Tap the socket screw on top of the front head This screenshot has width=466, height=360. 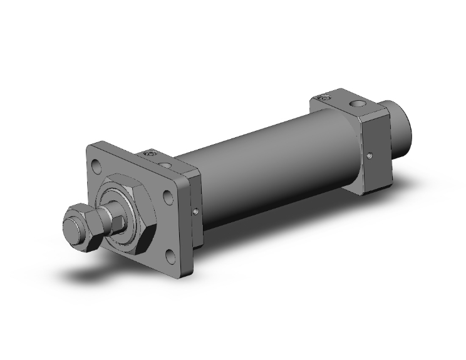point(148,152)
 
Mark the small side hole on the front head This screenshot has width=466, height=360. point(197,211)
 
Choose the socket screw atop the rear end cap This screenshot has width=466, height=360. point(324,97)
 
